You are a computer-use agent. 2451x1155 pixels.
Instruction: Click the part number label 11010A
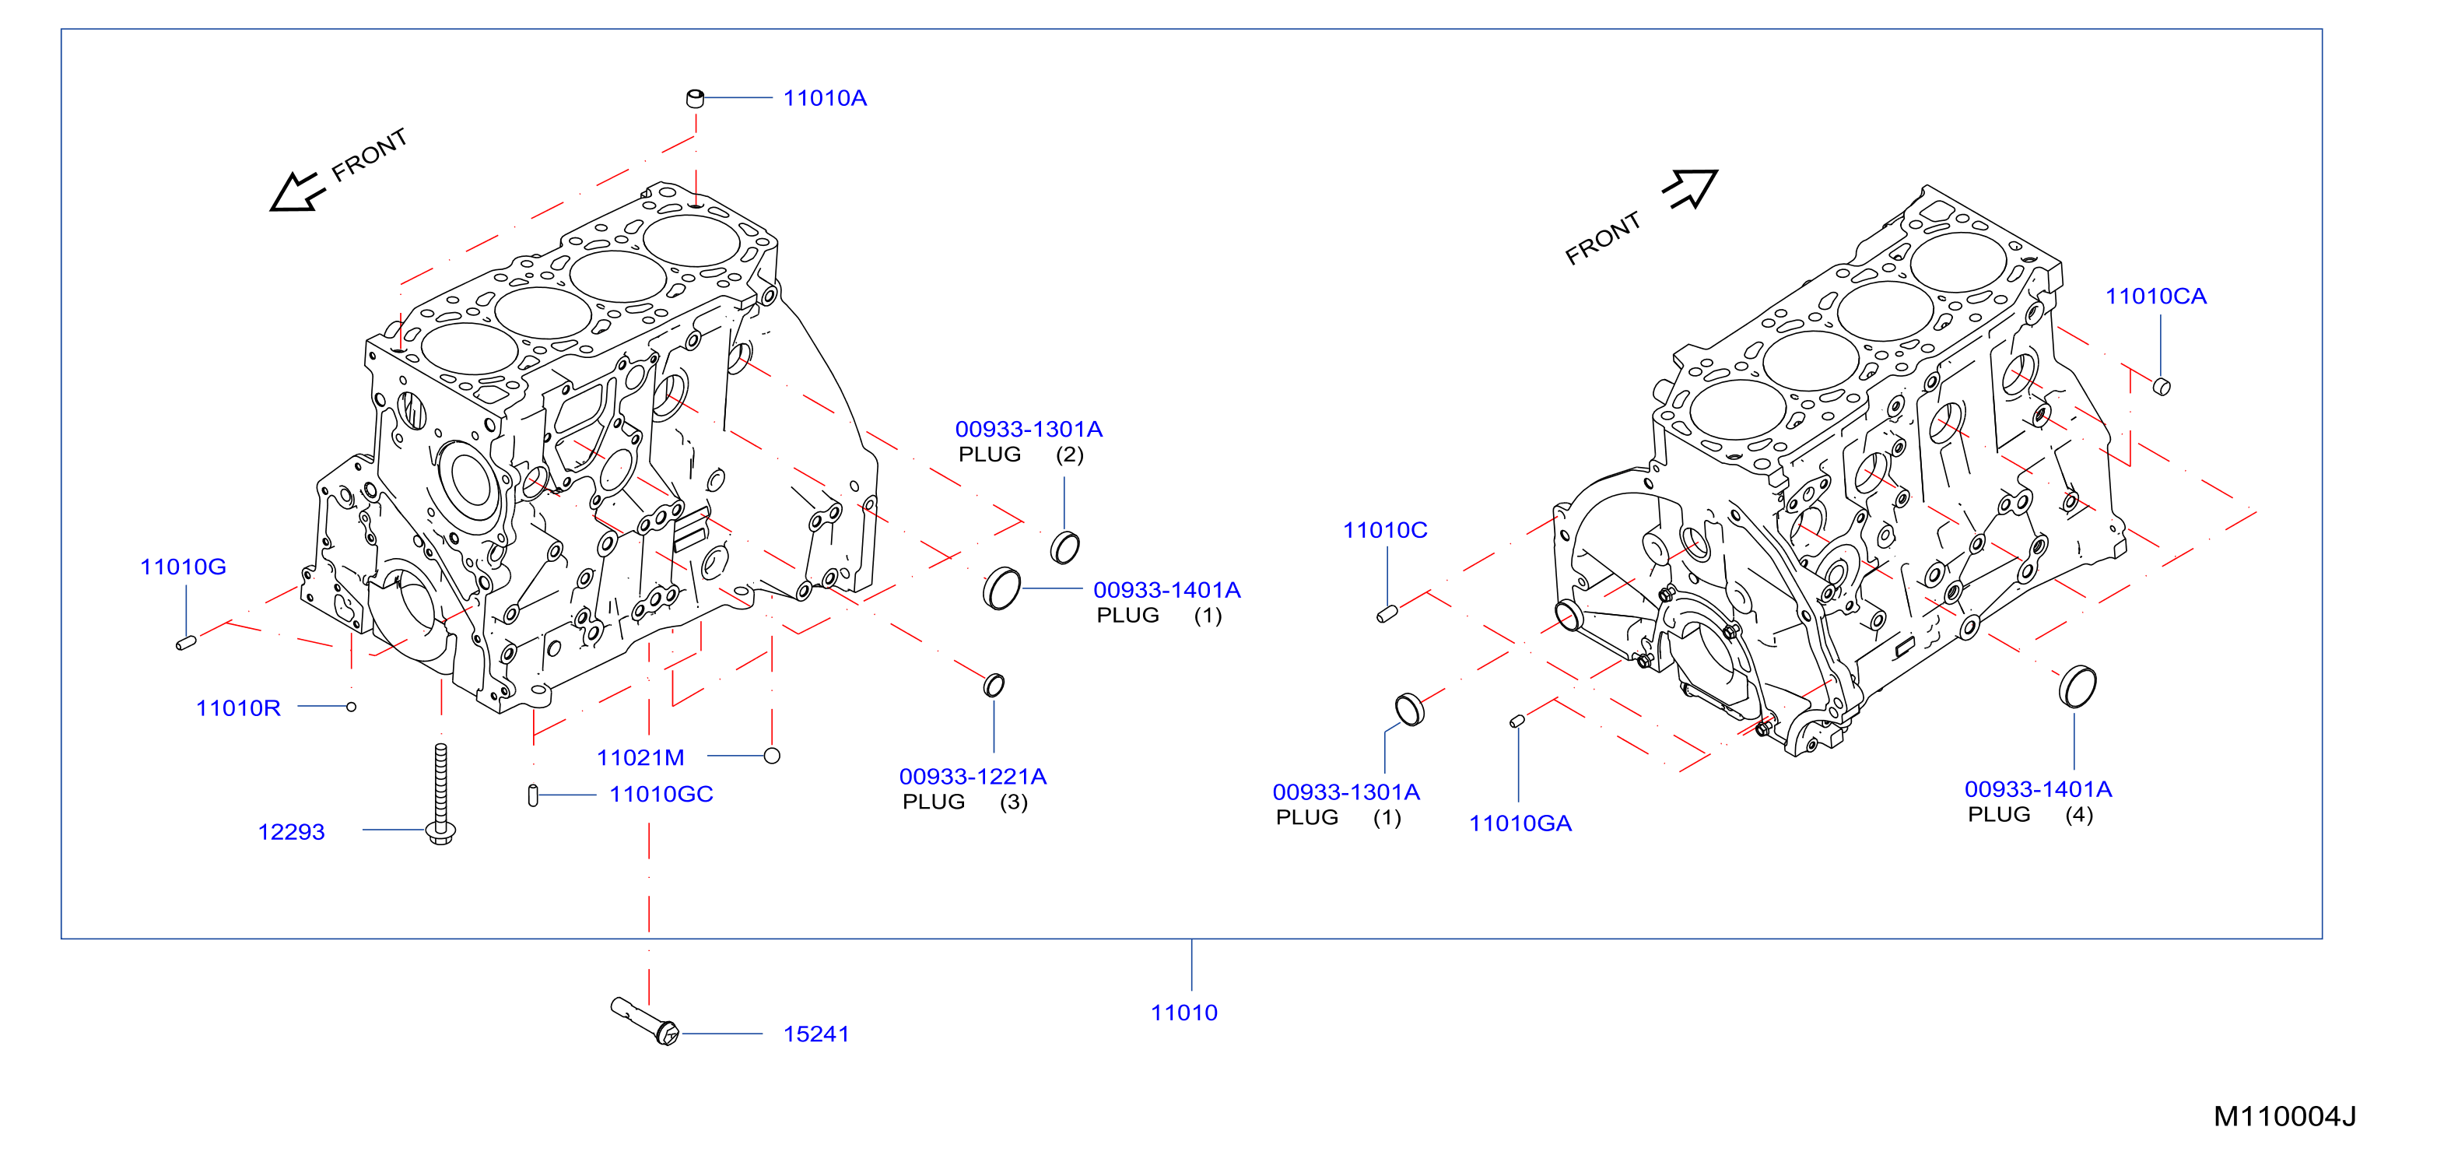(x=825, y=98)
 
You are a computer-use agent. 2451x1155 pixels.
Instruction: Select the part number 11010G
(x=183, y=567)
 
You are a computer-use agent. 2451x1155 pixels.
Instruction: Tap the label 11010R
(x=238, y=707)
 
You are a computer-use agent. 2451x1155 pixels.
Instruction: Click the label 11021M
(x=640, y=757)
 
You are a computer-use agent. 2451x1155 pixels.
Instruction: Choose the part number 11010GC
(x=661, y=795)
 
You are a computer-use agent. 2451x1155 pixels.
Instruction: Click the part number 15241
(x=816, y=1034)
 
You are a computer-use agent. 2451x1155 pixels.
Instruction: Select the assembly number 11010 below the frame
(x=1183, y=1013)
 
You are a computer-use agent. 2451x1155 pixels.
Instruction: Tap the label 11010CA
(x=2156, y=296)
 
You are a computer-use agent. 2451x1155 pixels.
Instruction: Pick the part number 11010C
(x=1384, y=530)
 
